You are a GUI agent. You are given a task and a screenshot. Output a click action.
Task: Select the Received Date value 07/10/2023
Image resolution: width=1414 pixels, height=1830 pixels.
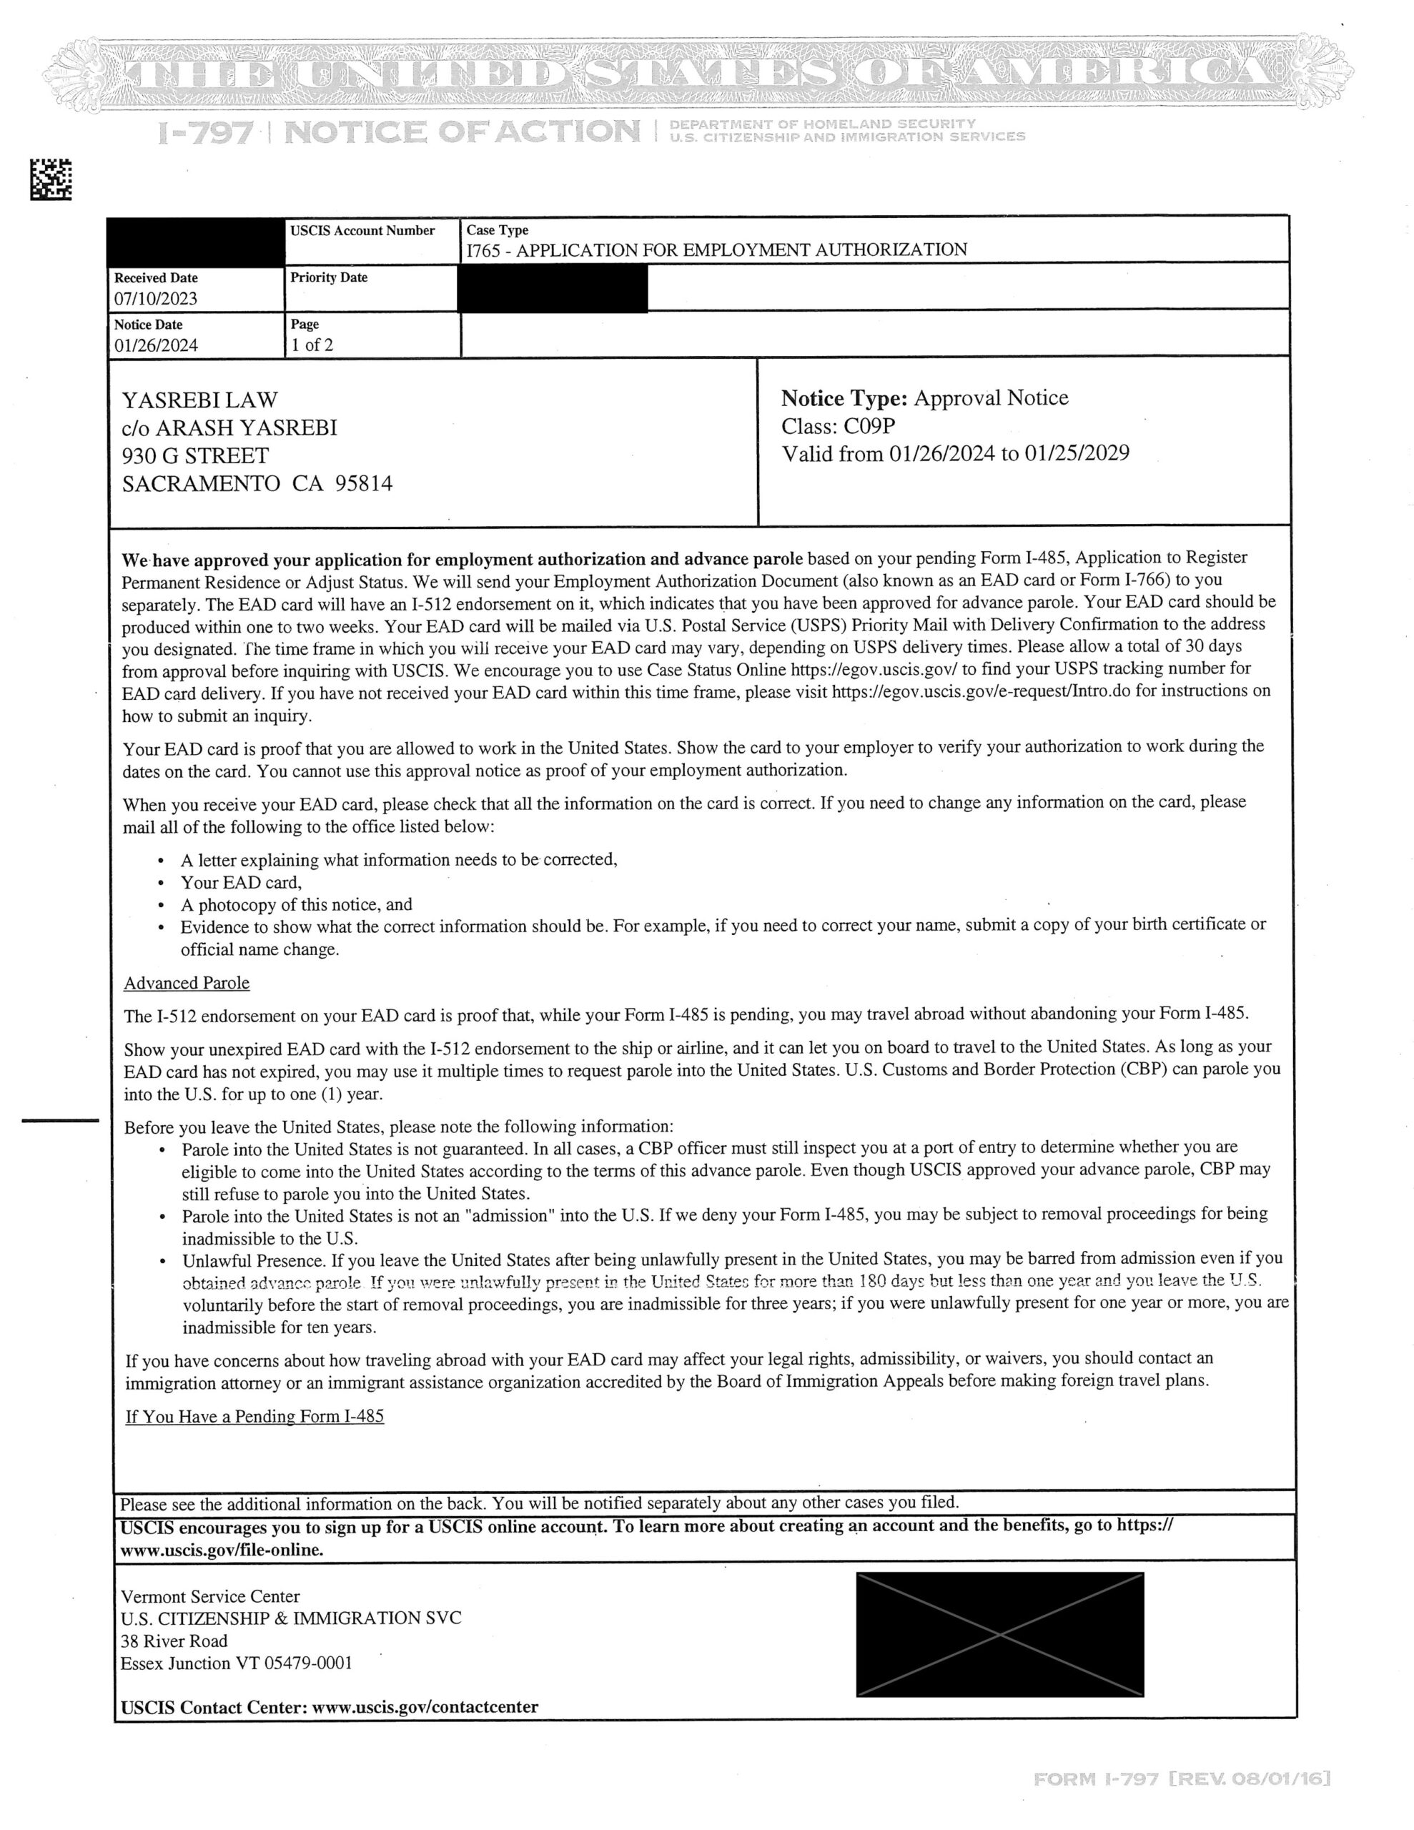point(156,298)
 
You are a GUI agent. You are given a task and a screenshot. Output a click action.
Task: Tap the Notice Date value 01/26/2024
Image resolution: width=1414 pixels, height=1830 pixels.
point(156,345)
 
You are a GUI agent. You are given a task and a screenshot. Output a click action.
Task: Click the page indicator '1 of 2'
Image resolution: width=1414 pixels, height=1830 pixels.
point(312,345)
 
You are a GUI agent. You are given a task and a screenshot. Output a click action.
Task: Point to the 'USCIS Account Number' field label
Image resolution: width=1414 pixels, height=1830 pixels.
point(362,230)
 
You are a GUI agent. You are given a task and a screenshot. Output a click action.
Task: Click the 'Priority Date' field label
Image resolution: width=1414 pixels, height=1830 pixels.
point(329,277)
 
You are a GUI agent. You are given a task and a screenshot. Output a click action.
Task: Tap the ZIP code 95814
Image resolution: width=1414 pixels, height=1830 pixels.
point(364,483)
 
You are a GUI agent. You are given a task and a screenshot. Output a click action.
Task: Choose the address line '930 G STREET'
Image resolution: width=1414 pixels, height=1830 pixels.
point(195,456)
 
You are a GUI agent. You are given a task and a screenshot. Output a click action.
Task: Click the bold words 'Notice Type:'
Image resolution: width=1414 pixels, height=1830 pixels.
point(844,398)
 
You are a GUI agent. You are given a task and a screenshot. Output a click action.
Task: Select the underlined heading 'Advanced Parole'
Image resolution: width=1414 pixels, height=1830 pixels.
point(187,983)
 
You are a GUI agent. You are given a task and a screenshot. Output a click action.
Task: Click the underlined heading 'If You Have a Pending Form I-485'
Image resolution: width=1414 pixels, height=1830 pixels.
point(254,1416)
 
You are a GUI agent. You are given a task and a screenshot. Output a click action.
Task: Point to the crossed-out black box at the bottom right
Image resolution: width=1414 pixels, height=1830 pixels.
point(999,1634)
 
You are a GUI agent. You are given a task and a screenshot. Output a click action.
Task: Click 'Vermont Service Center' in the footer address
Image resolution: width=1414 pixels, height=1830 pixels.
point(209,1596)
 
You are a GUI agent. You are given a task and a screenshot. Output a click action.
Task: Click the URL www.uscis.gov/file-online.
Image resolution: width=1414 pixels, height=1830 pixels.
point(222,1549)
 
